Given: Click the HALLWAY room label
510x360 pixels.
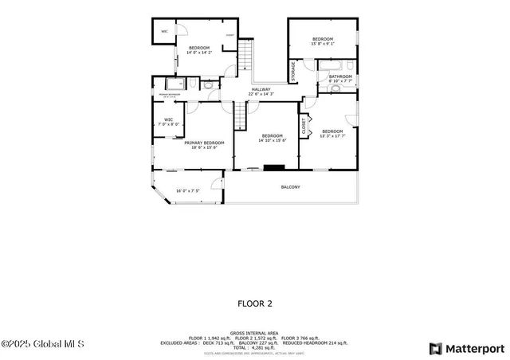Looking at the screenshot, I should click(261, 89).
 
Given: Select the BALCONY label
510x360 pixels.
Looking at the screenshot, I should click(290, 187).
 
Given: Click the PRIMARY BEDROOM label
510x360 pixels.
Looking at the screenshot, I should click(204, 143).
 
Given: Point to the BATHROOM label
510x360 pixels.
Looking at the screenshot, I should click(340, 76).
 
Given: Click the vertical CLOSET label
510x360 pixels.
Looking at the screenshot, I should click(304, 127).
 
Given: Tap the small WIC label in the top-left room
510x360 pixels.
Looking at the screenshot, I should click(164, 32).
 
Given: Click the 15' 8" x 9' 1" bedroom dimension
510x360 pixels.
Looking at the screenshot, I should click(322, 45).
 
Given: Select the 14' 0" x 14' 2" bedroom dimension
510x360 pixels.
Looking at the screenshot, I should click(199, 53).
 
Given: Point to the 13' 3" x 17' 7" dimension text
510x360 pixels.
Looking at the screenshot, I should click(332, 136).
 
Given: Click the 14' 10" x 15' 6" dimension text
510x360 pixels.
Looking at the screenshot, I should click(272, 140).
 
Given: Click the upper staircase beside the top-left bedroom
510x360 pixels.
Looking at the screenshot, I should click(247, 57).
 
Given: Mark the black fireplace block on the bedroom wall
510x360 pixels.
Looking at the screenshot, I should click(274, 168).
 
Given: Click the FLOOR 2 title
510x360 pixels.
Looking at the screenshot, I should click(255, 303).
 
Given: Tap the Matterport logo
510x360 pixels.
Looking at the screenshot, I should click(467, 348).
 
